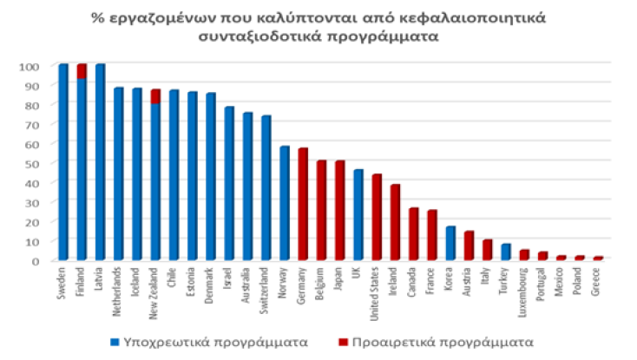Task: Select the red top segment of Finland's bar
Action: [82, 71]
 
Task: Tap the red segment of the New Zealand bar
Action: [155, 96]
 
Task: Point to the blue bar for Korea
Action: [450, 243]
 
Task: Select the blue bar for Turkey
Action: [506, 252]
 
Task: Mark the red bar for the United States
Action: [377, 217]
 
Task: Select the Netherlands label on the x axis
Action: [119, 285]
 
